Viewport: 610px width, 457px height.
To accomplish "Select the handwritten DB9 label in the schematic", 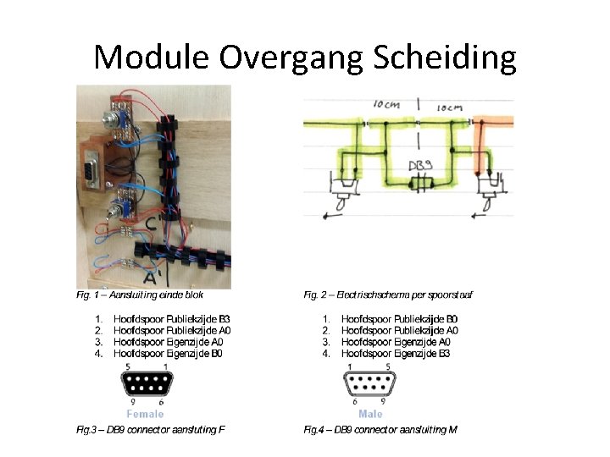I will click(x=420, y=166).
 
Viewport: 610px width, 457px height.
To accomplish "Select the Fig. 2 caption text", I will click(x=388, y=295).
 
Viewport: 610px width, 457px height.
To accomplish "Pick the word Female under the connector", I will click(x=145, y=414).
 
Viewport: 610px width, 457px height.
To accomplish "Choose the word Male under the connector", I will click(x=370, y=414).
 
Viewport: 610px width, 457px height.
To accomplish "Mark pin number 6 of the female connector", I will click(x=161, y=402).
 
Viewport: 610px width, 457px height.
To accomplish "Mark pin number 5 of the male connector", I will click(x=388, y=366).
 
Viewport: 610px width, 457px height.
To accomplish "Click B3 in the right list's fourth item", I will click(x=451, y=353).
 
